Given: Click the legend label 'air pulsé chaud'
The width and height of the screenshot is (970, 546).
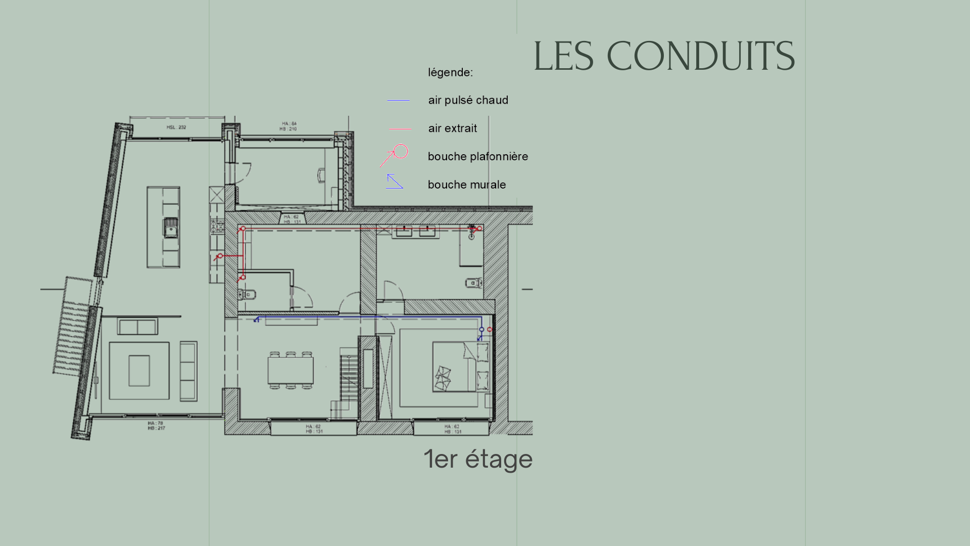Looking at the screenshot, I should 468,100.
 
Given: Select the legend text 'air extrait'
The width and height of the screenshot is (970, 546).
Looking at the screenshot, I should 452,128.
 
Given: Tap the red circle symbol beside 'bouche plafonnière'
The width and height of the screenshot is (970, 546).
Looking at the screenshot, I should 401,151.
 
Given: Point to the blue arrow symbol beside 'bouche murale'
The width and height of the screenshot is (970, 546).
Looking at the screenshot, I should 394,181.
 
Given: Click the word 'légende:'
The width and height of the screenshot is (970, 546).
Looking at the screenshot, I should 450,72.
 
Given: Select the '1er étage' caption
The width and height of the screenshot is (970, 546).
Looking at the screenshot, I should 478,459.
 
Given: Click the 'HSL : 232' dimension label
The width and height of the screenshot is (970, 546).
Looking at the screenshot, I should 176,127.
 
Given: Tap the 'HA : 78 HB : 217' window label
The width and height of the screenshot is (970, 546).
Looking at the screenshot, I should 156,426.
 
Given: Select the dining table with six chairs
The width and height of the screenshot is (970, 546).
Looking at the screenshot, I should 290,371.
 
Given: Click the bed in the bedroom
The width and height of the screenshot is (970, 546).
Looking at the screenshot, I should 455,367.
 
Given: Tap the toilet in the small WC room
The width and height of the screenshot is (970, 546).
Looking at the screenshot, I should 248,294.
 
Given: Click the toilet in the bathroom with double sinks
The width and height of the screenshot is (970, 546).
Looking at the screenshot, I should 473,283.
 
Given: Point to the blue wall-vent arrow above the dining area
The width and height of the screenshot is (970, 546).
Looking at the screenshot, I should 257,320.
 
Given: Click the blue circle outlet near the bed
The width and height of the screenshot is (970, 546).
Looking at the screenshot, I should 481,330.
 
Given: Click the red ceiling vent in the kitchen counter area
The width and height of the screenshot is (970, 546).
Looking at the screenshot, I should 220,256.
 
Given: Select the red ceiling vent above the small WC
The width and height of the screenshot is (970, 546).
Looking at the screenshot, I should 243,278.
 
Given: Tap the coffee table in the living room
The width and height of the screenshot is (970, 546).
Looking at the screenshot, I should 139,371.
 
